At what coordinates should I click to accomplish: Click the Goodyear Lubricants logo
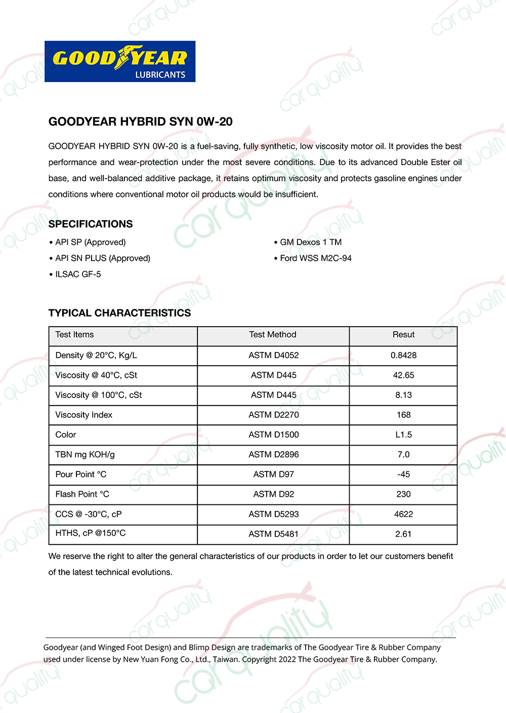(x=120, y=61)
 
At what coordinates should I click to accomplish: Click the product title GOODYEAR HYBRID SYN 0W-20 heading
(x=141, y=122)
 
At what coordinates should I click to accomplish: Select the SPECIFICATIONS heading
(x=91, y=224)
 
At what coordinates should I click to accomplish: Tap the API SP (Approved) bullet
(x=90, y=242)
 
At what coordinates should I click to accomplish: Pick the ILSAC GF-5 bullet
(x=78, y=274)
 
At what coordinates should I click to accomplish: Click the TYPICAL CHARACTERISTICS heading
(x=120, y=313)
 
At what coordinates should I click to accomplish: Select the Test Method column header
(x=273, y=335)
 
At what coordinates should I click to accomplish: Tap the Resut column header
(x=403, y=335)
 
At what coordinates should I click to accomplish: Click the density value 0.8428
(x=403, y=355)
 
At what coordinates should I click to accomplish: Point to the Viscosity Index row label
(x=84, y=415)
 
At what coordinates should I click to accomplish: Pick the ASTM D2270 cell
(x=273, y=415)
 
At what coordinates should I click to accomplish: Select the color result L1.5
(x=403, y=434)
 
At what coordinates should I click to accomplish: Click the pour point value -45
(x=403, y=474)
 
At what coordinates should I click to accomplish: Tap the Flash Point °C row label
(x=82, y=494)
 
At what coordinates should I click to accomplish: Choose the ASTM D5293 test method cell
(x=273, y=514)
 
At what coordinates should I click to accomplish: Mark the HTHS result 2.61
(x=403, y=534)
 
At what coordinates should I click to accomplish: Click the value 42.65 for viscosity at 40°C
(x=403, y=375)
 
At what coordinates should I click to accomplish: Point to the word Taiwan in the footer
(x=226, y=659)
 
